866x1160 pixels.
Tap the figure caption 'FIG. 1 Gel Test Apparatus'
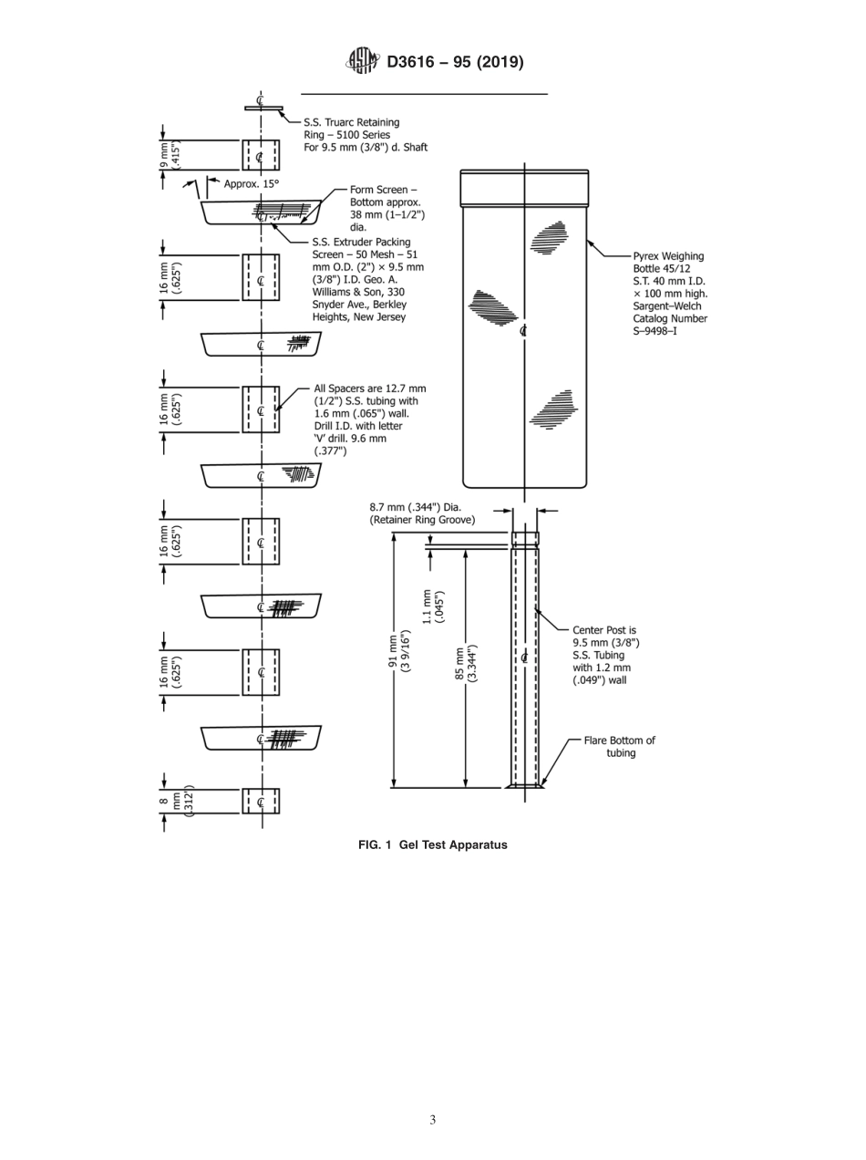432,844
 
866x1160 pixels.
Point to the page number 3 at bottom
432,1120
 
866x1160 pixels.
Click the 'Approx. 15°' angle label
253,183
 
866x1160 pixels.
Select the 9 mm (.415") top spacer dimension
170,155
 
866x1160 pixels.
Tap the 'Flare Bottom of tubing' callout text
620,746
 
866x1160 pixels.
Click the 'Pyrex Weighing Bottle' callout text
670,294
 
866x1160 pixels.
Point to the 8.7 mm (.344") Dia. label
422,513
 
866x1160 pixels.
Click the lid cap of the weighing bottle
523,187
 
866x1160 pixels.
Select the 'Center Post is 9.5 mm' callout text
606,655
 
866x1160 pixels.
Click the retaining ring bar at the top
263,109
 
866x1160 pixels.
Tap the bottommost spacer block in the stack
261,801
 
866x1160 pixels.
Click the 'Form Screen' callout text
387,208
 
